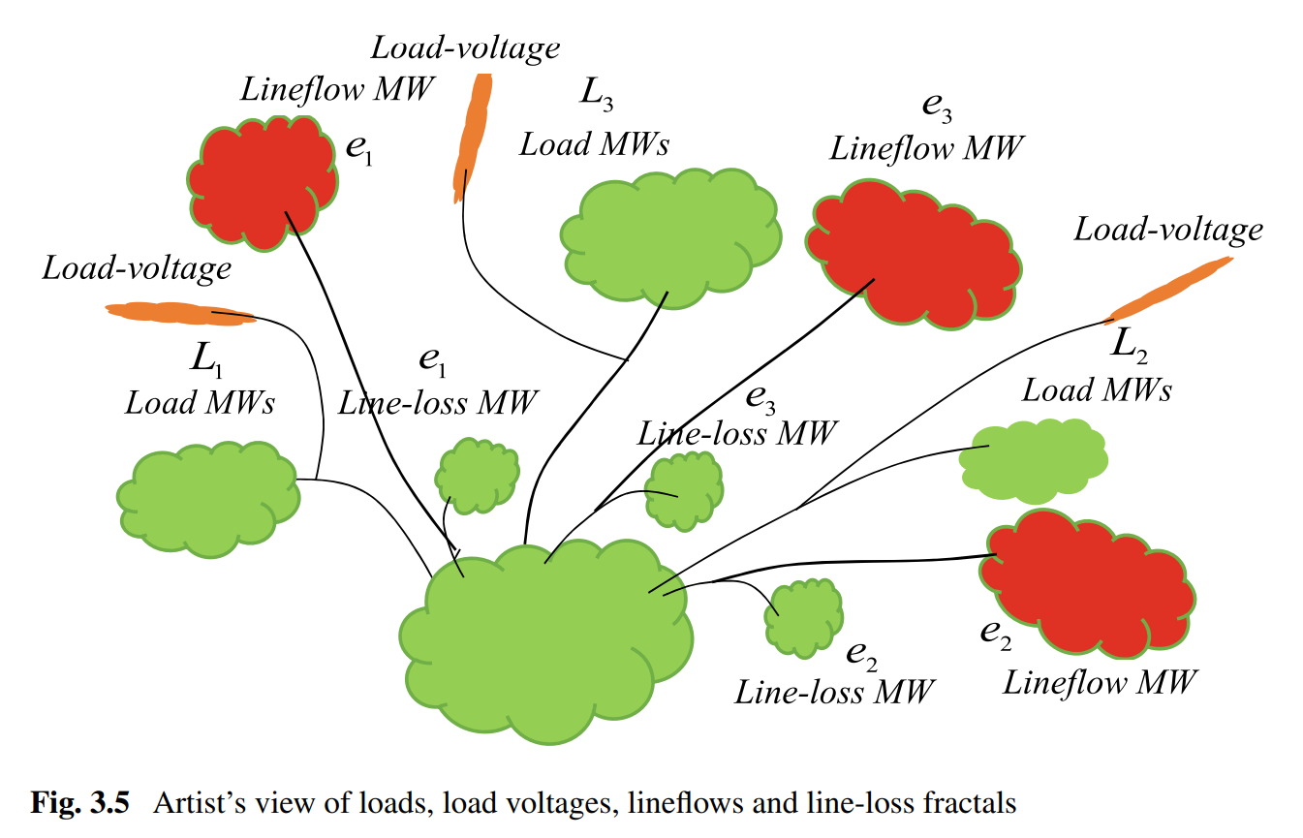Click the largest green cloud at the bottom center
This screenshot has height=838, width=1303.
pyautogui.click(x=547, y=639)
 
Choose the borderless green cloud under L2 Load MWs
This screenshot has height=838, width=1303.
pyautogui.click(x=1033, y=459)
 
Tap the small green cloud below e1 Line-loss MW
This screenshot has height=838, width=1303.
pyautogui.click(x=476, y=476)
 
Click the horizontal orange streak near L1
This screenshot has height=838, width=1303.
pyautogui.click(x=179, y=313)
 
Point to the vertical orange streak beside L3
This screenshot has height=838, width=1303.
pyautogui.click(x=474, y=136)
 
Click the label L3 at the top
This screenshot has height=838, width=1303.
pyautogui.click(x=595, y=94)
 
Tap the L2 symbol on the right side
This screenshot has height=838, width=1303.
pyautogui.click(x=1128, y=343)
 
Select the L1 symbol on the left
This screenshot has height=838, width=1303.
pyautogui.click(x=205, y=361)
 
